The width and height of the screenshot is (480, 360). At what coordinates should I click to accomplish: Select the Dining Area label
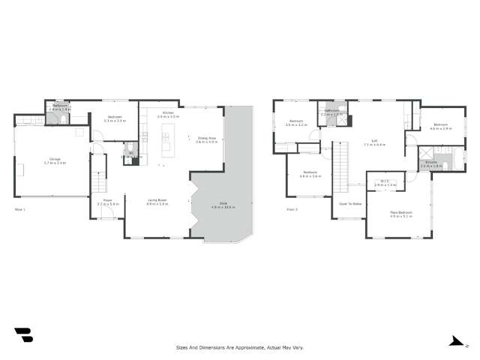(x=206, y=138)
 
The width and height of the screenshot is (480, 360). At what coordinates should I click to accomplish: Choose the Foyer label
(x=107, y=201)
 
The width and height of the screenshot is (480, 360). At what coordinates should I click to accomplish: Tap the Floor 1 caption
(x=20, y=209)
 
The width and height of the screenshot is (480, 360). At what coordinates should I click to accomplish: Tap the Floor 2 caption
(x=291, y=209)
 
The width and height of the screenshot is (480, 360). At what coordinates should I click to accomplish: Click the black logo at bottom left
(x=23, y=335)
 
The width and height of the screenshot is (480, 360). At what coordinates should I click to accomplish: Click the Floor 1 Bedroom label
(x=114, y=117)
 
